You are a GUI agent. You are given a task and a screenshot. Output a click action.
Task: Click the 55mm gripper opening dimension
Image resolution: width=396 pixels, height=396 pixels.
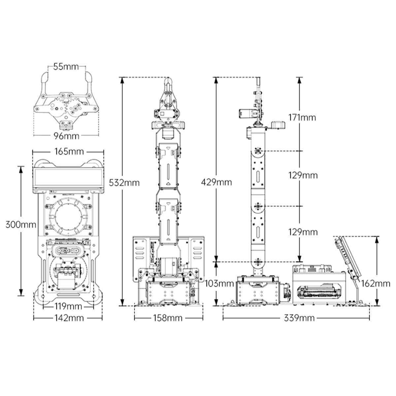coord(66,67)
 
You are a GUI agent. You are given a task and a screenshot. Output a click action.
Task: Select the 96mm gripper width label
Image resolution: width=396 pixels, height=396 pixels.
coord(66,136)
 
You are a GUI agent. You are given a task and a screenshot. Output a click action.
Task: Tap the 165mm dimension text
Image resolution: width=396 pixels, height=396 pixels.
coord(69,152)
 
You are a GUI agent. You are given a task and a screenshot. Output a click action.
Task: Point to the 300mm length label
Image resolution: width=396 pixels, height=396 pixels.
coord(21,224)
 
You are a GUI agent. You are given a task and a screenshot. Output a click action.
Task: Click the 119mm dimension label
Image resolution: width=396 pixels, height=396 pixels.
coord(68,306)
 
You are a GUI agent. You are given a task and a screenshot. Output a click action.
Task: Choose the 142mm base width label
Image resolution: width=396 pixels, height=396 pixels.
coord(69,318)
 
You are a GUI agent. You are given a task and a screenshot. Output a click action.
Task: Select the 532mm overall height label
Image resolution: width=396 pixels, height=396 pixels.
coord(124,183)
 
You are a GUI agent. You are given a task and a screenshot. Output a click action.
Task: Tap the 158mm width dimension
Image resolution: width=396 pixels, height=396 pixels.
coord(168,318)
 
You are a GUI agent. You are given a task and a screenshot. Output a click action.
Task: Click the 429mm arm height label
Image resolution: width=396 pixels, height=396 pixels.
coord(216,182)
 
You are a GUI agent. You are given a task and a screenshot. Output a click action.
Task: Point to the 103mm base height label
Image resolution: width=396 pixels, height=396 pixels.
coord(219,283)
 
